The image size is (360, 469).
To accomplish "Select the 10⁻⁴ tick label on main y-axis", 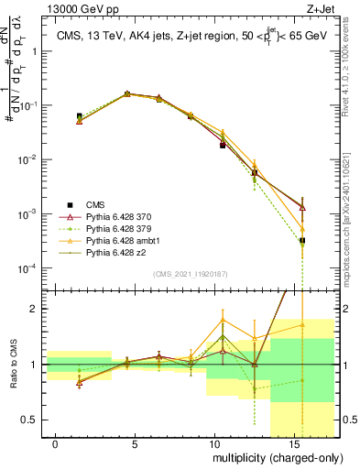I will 26,268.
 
